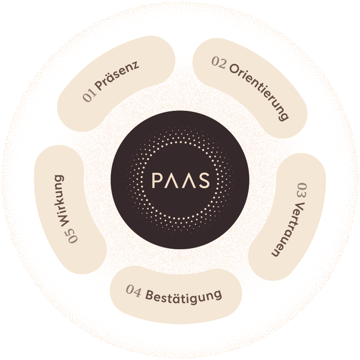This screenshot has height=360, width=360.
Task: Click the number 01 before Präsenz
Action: click(x=89, y=96)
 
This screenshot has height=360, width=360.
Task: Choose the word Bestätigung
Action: click(x=183, y=296)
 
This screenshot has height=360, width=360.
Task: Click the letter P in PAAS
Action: click(x=157, y=180)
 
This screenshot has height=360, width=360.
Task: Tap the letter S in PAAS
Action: click(x=203, y=180)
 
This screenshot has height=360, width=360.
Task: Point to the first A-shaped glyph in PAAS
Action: click(x=172, y=180)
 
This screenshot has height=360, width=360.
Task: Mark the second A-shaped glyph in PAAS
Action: click(x=188, y=180)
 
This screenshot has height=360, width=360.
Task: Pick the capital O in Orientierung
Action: click(x=234, y=69)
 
